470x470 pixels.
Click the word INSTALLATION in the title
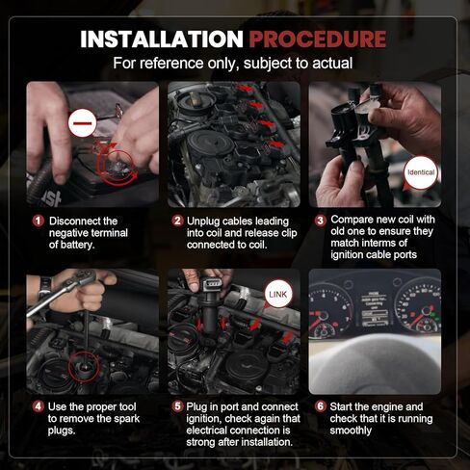pos(162,39)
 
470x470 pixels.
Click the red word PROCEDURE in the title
pos(318,39)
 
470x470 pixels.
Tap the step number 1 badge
pos(39,221)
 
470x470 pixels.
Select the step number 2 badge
pos(177,221)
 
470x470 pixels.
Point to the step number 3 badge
pos(321,221)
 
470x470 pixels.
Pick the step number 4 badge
pos(39,406)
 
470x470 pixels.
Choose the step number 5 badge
pos(177,406)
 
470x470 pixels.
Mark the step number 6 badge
pos(321,406)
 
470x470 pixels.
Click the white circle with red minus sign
pos(82,123)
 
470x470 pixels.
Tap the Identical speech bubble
pos(420,173)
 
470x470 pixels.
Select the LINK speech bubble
pos(278,295)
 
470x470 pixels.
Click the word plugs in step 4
pos(62,431)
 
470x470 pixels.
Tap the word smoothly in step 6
pos(351,431)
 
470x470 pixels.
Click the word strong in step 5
pos(200,442)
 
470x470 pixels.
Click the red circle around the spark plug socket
pos(84,367)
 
